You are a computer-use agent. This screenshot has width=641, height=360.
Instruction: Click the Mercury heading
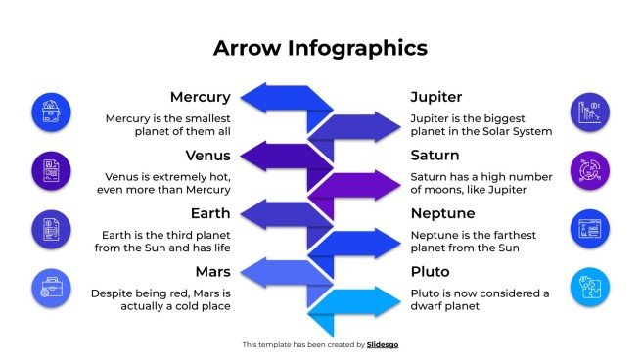(200, 97)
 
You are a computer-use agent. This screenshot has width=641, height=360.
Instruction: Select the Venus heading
(207, 155)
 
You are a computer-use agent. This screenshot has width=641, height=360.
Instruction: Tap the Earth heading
(209, 212)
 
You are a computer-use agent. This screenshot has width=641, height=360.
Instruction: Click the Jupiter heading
(436, 97)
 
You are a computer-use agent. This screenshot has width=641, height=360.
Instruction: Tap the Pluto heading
(431, 270)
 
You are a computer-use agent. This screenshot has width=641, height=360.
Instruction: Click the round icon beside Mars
(52, 287)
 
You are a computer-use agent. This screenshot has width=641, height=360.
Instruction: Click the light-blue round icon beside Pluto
(590, 287)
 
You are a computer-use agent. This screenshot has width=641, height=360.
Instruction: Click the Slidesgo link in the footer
(383, 344)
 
